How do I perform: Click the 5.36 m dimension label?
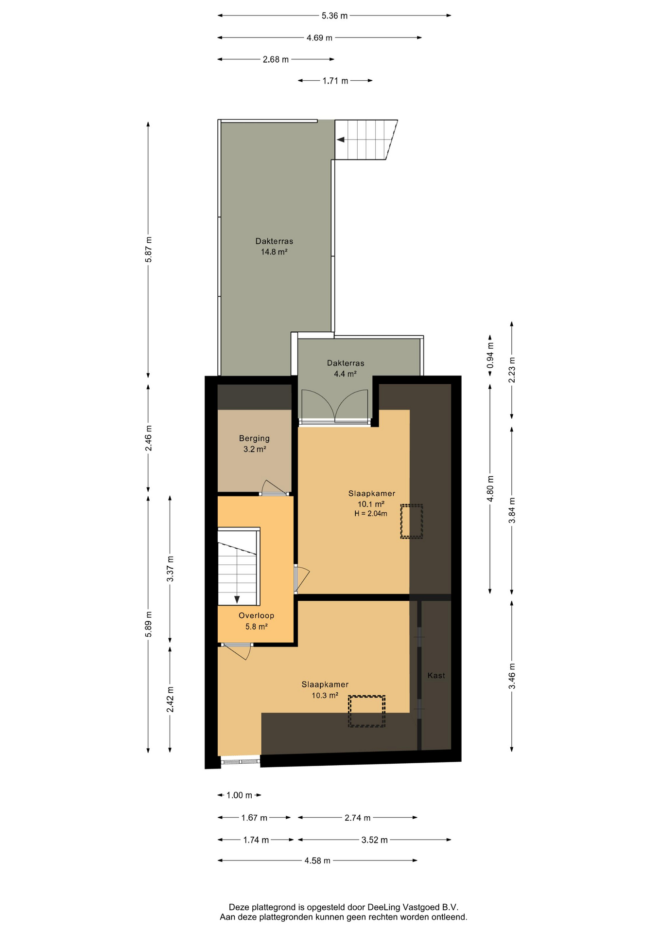(x=334, y=16)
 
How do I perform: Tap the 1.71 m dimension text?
(x=335, y=81)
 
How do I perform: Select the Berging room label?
(x=254, y=438)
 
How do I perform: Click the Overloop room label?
(x=256, y=615)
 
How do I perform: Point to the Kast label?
(x=436, y=675)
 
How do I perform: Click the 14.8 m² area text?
(x=274, y=251)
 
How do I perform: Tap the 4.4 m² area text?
(x=345, y=374)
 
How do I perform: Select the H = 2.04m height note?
(x=371, y=513)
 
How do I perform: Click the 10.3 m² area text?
(x=325, y=695)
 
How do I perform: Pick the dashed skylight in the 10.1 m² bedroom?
(x=412, y=521)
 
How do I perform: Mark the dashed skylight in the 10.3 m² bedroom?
(x=366, y=711)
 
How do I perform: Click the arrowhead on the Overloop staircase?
(x=237, y=600)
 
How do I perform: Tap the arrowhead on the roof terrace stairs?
(x=341, y=140)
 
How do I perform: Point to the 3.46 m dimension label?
(x=512, y=676)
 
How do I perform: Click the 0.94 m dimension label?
(x=490, y=355)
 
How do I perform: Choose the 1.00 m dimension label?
(x=239, y=795)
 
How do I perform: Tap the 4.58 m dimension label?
(x=317, y=861)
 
